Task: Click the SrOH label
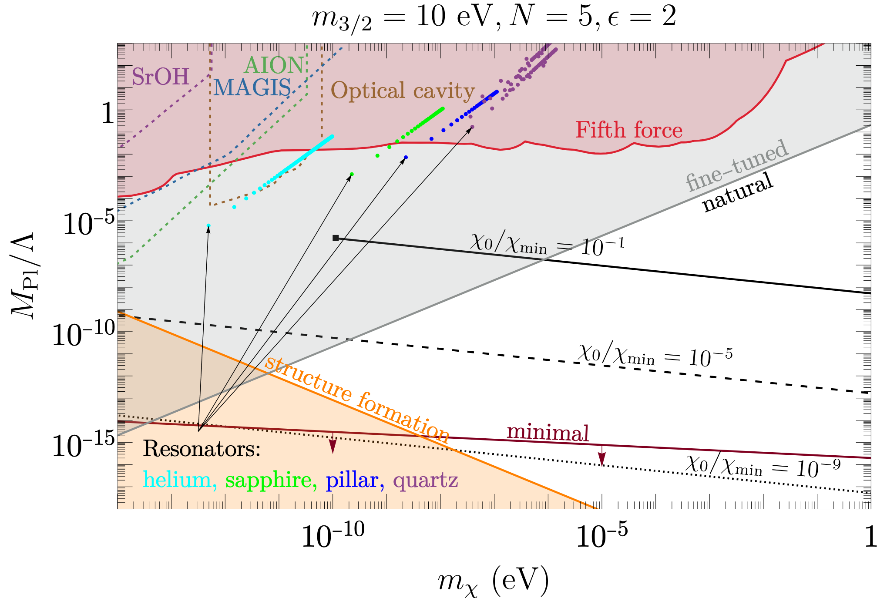tap(160, 77)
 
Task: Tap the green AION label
tap(274, 66)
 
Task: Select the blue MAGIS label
tap(252, 87)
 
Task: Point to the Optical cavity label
tap(403, 91)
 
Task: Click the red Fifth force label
tap(628, 130)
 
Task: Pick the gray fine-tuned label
tap(737, 165)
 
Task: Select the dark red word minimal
tap(548, 433)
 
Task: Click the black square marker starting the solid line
tap(336, 238)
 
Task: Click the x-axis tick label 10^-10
tap(333, 537)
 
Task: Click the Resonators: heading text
tap(202, 448)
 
